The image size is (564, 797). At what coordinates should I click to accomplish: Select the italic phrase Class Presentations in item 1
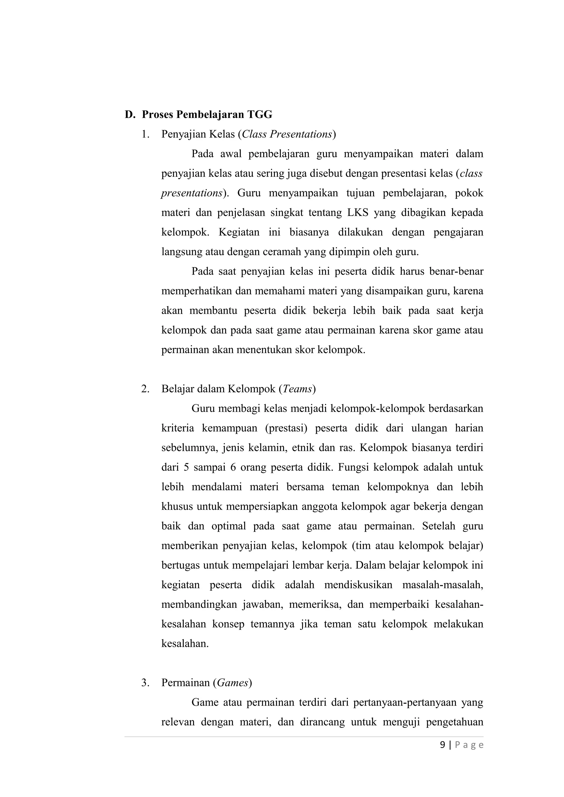pos(287,134)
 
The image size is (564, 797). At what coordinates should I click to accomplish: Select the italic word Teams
pos(297,389)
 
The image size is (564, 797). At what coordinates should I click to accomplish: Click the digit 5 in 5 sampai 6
pos(186,467)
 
